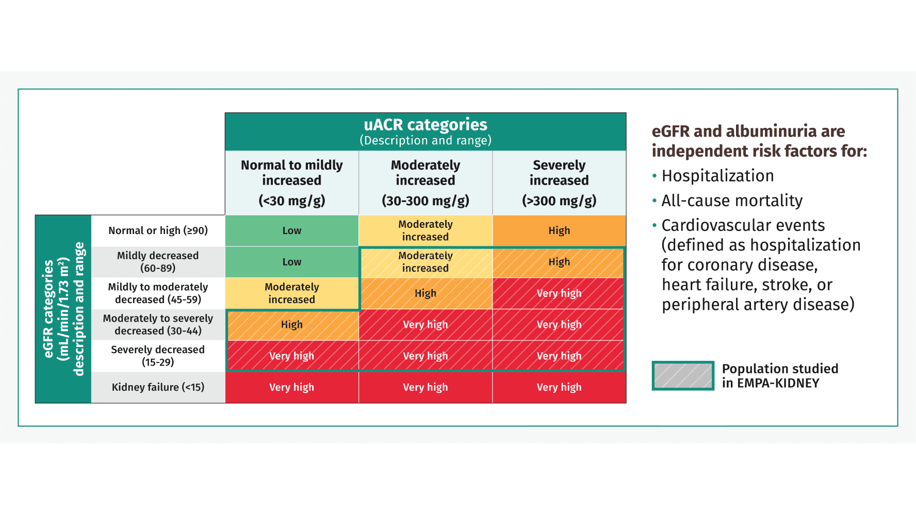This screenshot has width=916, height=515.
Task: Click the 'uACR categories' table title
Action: (425, 125)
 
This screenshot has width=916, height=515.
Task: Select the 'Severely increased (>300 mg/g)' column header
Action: (559, 182)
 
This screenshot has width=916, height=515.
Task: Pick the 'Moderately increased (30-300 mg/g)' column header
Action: (425, 182)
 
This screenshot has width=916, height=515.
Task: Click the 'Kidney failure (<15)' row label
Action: (158, 387)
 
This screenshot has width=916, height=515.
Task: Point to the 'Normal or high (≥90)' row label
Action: (158, 230)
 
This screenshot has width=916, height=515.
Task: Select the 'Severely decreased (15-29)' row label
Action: (158, 356)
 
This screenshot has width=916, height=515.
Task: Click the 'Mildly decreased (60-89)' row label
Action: (158, 262)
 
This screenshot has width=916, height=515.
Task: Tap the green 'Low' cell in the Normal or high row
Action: (291, 230)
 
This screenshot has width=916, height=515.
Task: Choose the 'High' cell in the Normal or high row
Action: (559, 230)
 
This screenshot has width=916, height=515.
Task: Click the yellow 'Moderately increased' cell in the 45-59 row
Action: (291, 293)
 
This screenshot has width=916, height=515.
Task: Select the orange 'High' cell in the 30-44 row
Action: (291, 325)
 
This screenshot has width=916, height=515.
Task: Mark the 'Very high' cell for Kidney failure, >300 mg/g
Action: (559, 387)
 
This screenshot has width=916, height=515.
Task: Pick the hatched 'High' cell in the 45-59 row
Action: (425, 293)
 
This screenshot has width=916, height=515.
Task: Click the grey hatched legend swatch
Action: (683, 376)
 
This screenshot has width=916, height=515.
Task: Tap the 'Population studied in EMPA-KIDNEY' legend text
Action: (780, 376)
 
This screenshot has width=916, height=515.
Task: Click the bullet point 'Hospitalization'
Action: (717, 176)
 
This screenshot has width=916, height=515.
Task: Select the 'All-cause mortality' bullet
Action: (732, 201)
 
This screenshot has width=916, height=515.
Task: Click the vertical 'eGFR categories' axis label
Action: (48, 309)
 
